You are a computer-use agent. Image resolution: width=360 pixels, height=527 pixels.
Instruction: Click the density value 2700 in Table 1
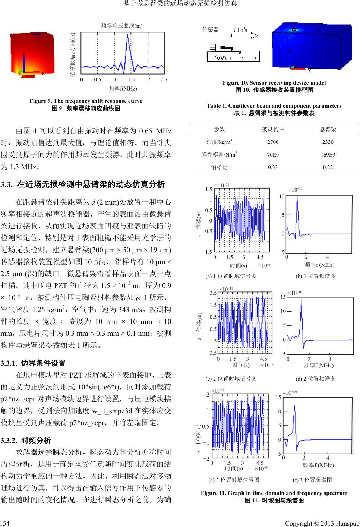pyautogui.click(x=273, y=142)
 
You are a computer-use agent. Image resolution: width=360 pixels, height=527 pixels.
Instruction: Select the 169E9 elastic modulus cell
pyautogui.click(x=328, y=155)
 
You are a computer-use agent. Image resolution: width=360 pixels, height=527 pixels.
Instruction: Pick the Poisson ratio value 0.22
pyautogui.click(x=328, y=167)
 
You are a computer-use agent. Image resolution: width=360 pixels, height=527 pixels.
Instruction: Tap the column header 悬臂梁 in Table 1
pyautogui.click(x=328, y=129)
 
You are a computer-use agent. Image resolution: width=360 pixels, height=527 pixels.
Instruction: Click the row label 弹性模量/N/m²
pyautogui.click(x=219, y=155)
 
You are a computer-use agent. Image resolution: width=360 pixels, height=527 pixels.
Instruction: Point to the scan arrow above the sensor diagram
pyautogui.click(x=244, y=36)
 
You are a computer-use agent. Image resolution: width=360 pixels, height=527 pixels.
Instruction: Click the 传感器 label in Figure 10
pyautogui.click(x=211, y=29)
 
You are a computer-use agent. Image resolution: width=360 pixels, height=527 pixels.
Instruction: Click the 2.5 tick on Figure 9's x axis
pyautogui.click(x=163, y=80)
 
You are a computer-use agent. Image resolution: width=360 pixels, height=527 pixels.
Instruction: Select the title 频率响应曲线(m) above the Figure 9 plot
pyautogui.click(x=122, y=26)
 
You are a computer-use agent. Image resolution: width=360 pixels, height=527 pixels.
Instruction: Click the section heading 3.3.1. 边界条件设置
pyautogui.click(x=33, y=363)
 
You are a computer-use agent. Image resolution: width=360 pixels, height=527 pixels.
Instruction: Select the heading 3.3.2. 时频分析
pyautogui.click(x=26, y=441)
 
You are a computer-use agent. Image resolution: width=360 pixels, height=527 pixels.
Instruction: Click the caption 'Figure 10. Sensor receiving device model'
pyautogui.click(x=274, y=83)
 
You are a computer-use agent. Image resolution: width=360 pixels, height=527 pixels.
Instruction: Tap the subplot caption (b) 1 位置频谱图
pyautogui.click(x=316, y=276)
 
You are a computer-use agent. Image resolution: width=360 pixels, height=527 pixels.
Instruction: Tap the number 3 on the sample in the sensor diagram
pyautogui.click(x=255, y=59)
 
